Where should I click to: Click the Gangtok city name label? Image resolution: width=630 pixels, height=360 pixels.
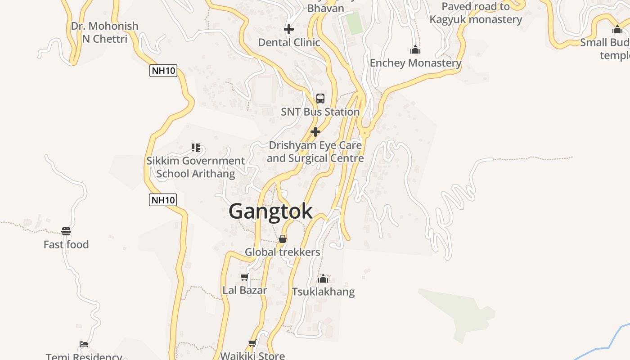(x=270, y=211)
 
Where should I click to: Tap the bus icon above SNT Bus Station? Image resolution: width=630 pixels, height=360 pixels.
(x=320, y=99)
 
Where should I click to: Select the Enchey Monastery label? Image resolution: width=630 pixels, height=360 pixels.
(x=415, y=63)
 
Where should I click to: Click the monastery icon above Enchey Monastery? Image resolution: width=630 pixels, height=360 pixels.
(x=415, y=49)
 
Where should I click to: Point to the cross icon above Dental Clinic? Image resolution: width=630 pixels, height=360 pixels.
(x=289, y=30)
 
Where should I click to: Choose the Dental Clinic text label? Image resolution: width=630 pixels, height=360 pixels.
(x=289, y=43)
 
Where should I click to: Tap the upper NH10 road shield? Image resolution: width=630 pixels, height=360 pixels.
(x=163, y=71)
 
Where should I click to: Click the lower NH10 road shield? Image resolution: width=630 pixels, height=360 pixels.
(x=163, y=200)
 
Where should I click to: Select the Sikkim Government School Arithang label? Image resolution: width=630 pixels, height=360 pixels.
(x=195, y=167)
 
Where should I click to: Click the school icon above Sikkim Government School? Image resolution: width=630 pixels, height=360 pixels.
(x=195, y=148)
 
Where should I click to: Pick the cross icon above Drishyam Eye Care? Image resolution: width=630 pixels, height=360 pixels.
(x=315, y=132)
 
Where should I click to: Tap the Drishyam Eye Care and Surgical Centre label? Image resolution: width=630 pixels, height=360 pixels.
(x=315, y=152)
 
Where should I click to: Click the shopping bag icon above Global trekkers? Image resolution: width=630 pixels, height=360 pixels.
(x=283, y=239)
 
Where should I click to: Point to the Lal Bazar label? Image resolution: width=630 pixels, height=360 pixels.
(x=245, y=290)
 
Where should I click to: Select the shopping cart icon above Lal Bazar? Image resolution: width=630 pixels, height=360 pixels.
(x=244, y=277)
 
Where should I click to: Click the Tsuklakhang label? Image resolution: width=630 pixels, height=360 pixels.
(x=323, y=292)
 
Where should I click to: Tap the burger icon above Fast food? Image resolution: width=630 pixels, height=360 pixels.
(x=66, y=232)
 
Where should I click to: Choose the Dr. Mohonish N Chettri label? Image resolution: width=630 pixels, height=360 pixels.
(x=104, y=32)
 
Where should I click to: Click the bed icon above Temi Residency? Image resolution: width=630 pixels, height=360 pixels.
(x=84, y=345)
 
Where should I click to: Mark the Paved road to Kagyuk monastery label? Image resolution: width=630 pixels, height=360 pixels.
(x=476, y=13)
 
